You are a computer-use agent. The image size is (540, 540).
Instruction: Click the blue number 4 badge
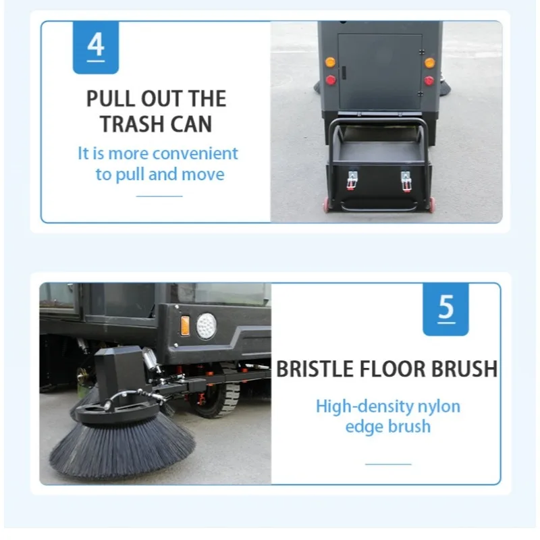(96, 47)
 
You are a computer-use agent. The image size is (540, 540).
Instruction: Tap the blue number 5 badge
(446, 309)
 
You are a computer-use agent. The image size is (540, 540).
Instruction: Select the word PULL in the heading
(110, 99)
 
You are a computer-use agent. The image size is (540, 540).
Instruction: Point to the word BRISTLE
(315, 369)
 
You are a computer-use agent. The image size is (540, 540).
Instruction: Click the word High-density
(364, 407)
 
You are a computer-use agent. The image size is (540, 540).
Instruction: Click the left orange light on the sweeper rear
(330, 62)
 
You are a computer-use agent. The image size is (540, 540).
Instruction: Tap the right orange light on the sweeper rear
(429, 63)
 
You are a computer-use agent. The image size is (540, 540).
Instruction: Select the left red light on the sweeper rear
(331, 80)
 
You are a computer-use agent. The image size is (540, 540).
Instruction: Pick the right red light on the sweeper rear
(429, 80)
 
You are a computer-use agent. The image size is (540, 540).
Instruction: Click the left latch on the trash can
(351, 180)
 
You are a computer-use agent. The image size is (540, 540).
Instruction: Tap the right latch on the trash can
(406, 181)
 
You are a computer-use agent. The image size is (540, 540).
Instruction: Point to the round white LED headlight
(207, 326)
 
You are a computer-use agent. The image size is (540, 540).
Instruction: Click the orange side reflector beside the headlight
(185, 325)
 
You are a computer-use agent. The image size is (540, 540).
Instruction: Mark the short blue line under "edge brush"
(388, 464)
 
